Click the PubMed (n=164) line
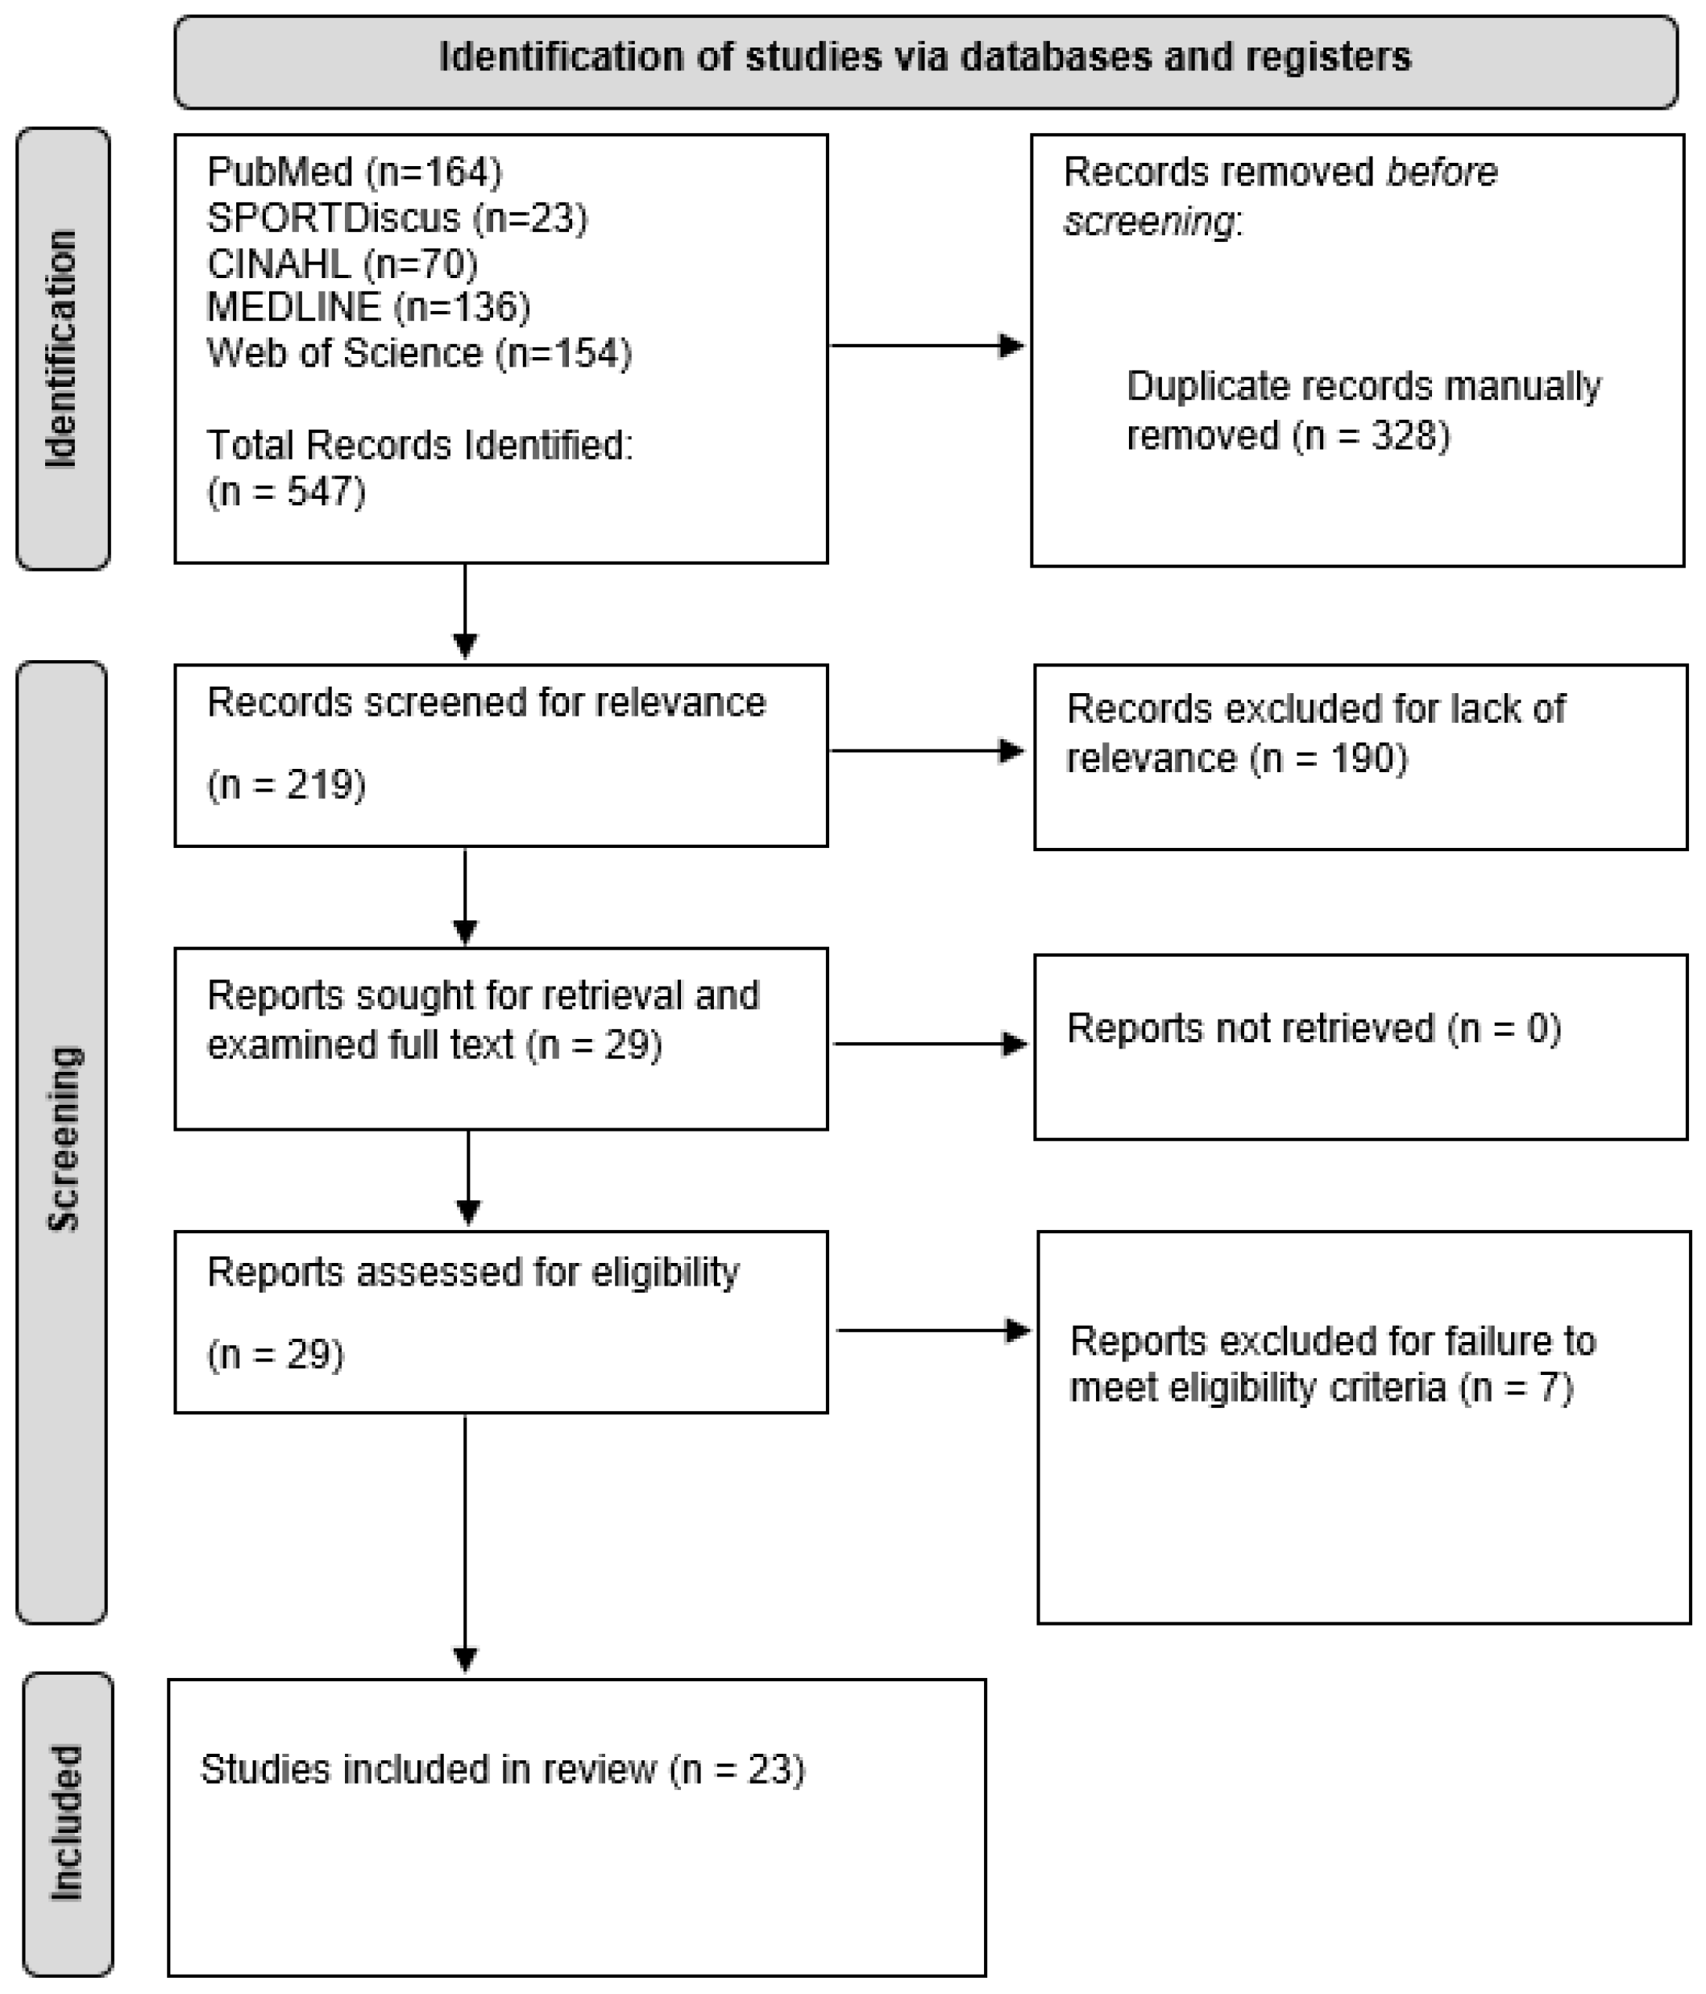[x=354, y=172]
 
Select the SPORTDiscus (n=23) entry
[x=396, y=218]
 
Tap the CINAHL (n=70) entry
[x=342, y=264]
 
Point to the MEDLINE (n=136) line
[x=368, y=307]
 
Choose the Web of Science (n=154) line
[x=418, y=353]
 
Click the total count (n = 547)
[x=286, y=492]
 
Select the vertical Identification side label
[x=61, y=349]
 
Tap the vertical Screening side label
[x=64, y=1139]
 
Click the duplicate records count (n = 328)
[x=1370, y=436]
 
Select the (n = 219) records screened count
[x=286, y=784]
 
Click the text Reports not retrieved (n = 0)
[x=1314, y=1028]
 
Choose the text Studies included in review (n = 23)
[x=502, y=1769]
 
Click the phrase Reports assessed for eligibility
[x=473, y=1272]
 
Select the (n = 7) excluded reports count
[x=1516, y=1388]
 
